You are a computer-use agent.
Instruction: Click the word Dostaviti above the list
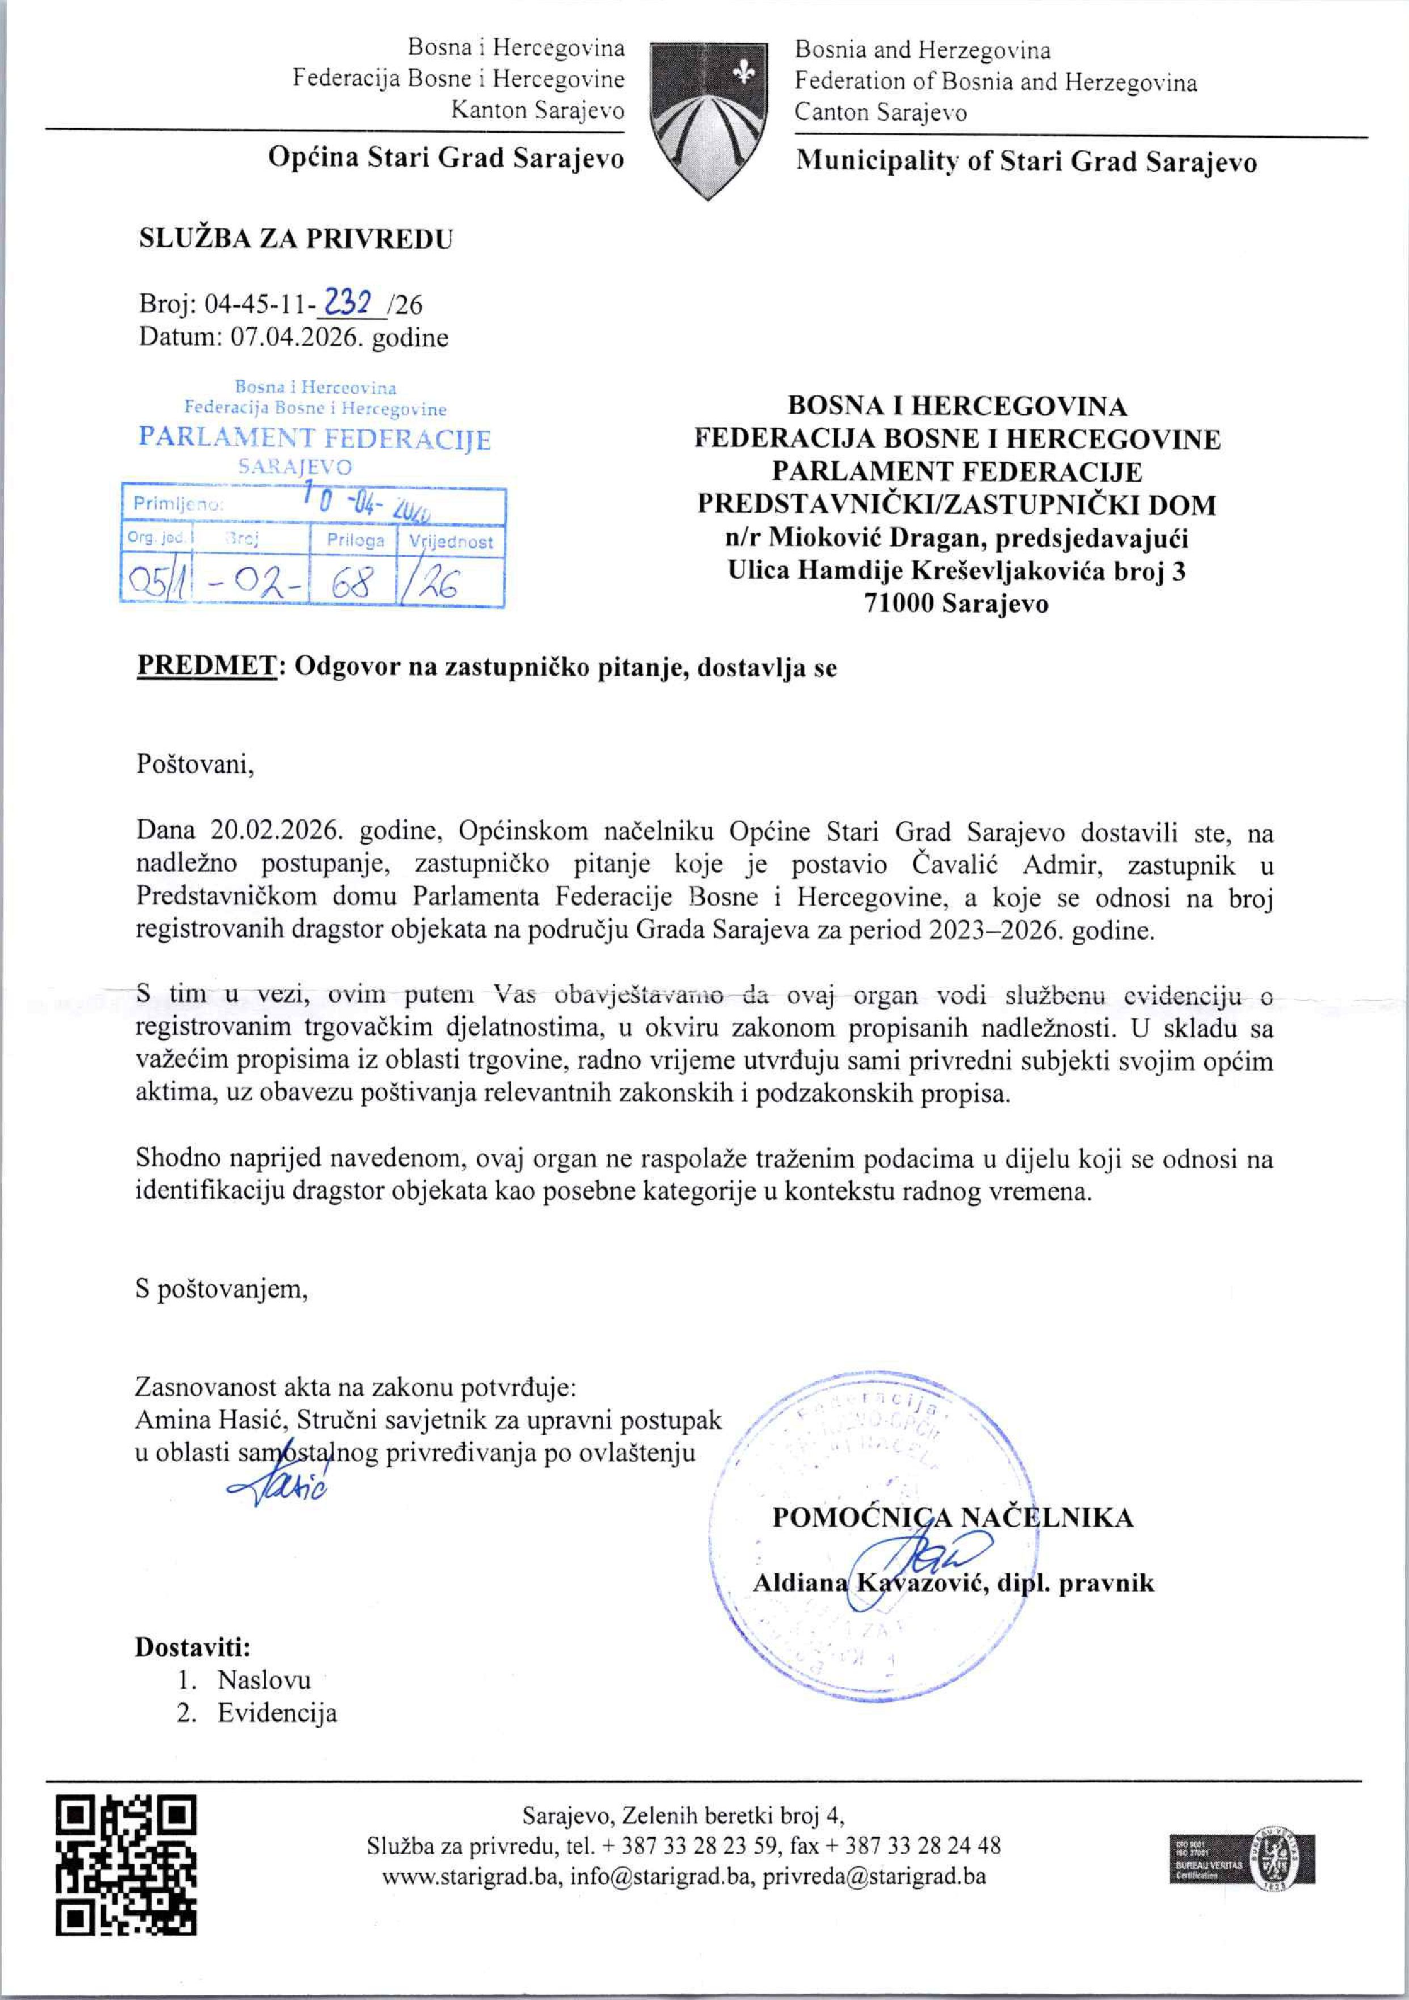click(192, 1647)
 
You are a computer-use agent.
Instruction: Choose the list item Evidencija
click(277, 1712)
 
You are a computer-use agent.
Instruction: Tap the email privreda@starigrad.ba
click(874, 1876)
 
